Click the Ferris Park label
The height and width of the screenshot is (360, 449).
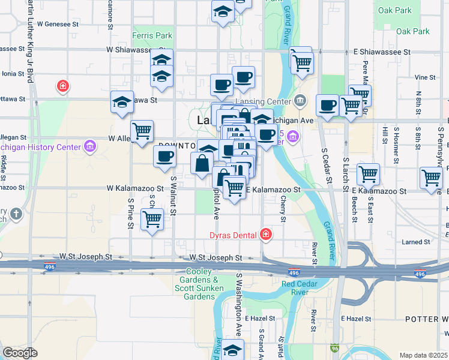[152, 35]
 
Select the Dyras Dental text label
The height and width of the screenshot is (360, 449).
[233, 235]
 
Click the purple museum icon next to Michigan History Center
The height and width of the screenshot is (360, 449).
[90, 146]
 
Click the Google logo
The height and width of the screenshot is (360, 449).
[20, 353]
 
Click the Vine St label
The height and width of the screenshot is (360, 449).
[424, 77]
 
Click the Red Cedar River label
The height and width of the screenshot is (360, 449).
[295, 287]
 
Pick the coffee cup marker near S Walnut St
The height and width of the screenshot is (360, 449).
[164, 157]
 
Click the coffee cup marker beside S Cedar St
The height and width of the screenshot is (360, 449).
[327, 105]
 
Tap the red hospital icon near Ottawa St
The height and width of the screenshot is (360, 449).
[62, 87]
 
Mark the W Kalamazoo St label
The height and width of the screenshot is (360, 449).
[134, 188]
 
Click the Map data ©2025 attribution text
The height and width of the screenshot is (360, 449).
[423, 355]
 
